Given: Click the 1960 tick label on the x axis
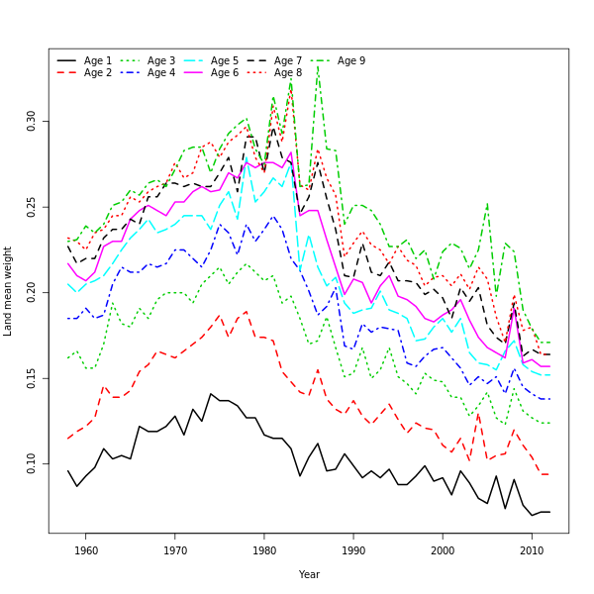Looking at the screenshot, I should pyautogui.click(x=86, y=550).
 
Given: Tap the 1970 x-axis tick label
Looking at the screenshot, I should pyautogui.click(x=175, y=550).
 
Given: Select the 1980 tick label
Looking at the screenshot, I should pyautogui.click(x=264, y=550).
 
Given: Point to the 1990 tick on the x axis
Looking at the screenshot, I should pyautogui.click(x=353, y=550).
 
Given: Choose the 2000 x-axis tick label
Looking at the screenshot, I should pyautogui.click(x=443, y=550).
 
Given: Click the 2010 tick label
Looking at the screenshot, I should pyautogui.click(x=532, y=550).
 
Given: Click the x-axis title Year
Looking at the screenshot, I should pyautogui.click(x=309, y=574).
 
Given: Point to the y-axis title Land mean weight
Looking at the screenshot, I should pyautogui.click(x=8, y=291).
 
